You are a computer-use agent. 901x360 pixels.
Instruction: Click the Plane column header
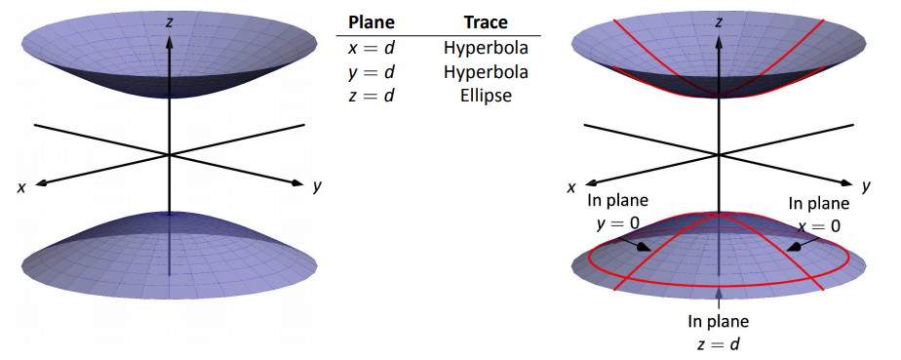pyautogui.click(x=372, y=22)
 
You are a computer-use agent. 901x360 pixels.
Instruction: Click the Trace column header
pyautogui.click(x=486, y=22)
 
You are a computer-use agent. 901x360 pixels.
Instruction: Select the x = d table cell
pyautogui.click(x=372, y=48)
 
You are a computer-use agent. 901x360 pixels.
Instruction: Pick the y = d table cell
pyautogui.click(x=372, y=72)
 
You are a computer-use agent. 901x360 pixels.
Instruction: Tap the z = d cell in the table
pyautogui.click(x=372, y=96)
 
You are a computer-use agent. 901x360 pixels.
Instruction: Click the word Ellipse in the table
pyautogui.click(x=486, y=96)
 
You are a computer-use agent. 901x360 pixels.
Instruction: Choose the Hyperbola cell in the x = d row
pyautogui.click(x=486, y=49)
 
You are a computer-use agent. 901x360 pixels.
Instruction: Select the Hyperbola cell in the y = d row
pyautogui.click(x=486, y=72)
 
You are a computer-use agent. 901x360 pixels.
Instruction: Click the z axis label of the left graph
pyautogui.click(x=169, y=22)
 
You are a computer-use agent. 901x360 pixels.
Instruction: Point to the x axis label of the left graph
pyautogui.click(x=21, y=188)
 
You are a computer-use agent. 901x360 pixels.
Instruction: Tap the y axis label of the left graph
pyautogui.click(x=316, y=187)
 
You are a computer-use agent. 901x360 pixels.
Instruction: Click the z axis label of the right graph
pyautogui.click(x=719, y=22)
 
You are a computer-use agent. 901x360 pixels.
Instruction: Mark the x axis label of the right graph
pyautogui.click(x=571, y=188)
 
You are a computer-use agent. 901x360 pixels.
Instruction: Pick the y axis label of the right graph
pyautogui.click(x=866, y=186)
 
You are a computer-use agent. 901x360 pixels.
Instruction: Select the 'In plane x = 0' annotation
pyautogui.click(x=818, y=214)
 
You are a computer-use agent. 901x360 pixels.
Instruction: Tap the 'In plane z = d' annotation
pyautogui.click(x=719, y=333)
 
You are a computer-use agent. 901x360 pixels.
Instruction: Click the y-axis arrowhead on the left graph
pyautogui.click(x=296, y=182)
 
